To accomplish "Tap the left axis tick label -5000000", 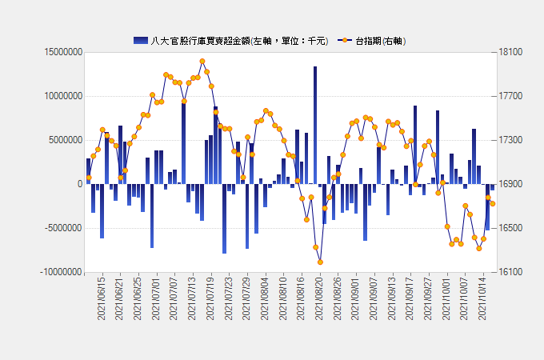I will pos(61,228).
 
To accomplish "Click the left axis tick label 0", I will pos(79,184).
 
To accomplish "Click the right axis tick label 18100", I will pos(511,52).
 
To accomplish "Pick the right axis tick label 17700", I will pos(511,96).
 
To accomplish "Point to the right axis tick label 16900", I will pos(511,184).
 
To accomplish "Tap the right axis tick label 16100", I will pos(511,272).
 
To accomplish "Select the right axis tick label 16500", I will pos(511,228).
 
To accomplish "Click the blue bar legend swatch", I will pos(141,40).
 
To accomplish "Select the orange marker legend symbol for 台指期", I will pos(345,40).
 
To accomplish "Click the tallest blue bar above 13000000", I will pos(315,125).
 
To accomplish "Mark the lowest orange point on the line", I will pos(320,262).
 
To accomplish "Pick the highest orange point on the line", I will pos(202,61).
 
